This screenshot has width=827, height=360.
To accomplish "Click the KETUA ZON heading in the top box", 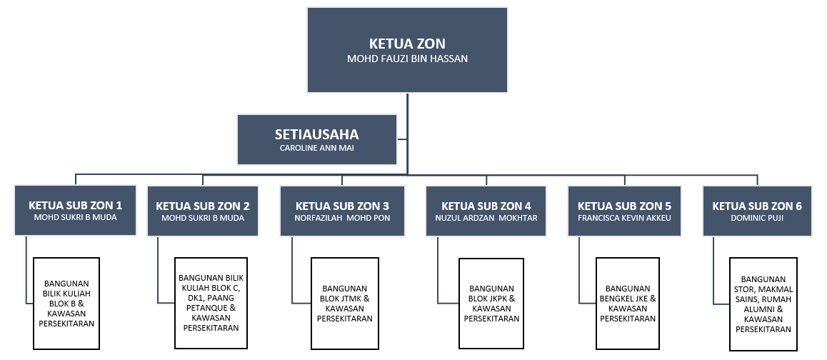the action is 407,44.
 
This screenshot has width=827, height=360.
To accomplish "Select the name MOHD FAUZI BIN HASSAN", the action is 407,59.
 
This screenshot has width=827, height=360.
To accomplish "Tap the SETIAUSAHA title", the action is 316,134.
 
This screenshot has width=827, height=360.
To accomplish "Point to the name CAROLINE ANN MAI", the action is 316,149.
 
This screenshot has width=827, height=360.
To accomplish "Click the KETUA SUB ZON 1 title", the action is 76,205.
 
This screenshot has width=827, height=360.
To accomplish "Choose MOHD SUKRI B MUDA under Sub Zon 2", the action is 203,218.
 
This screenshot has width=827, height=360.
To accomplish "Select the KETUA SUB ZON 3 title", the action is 342,206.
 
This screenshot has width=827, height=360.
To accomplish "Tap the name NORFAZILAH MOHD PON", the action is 342,218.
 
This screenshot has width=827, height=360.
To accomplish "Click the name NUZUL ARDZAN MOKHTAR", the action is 486,218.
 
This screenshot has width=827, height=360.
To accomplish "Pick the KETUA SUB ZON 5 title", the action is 624,206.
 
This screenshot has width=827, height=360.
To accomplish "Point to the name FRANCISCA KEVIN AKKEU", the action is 624,218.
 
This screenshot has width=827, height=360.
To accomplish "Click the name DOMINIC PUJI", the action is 757,218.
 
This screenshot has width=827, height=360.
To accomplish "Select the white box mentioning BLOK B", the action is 66,304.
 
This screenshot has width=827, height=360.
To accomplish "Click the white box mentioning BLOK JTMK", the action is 345,304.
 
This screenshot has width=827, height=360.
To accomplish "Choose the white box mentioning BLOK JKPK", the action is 491,304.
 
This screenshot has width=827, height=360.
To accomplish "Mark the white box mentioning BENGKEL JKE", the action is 628,304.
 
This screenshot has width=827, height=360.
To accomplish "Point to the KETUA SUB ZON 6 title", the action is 757,206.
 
